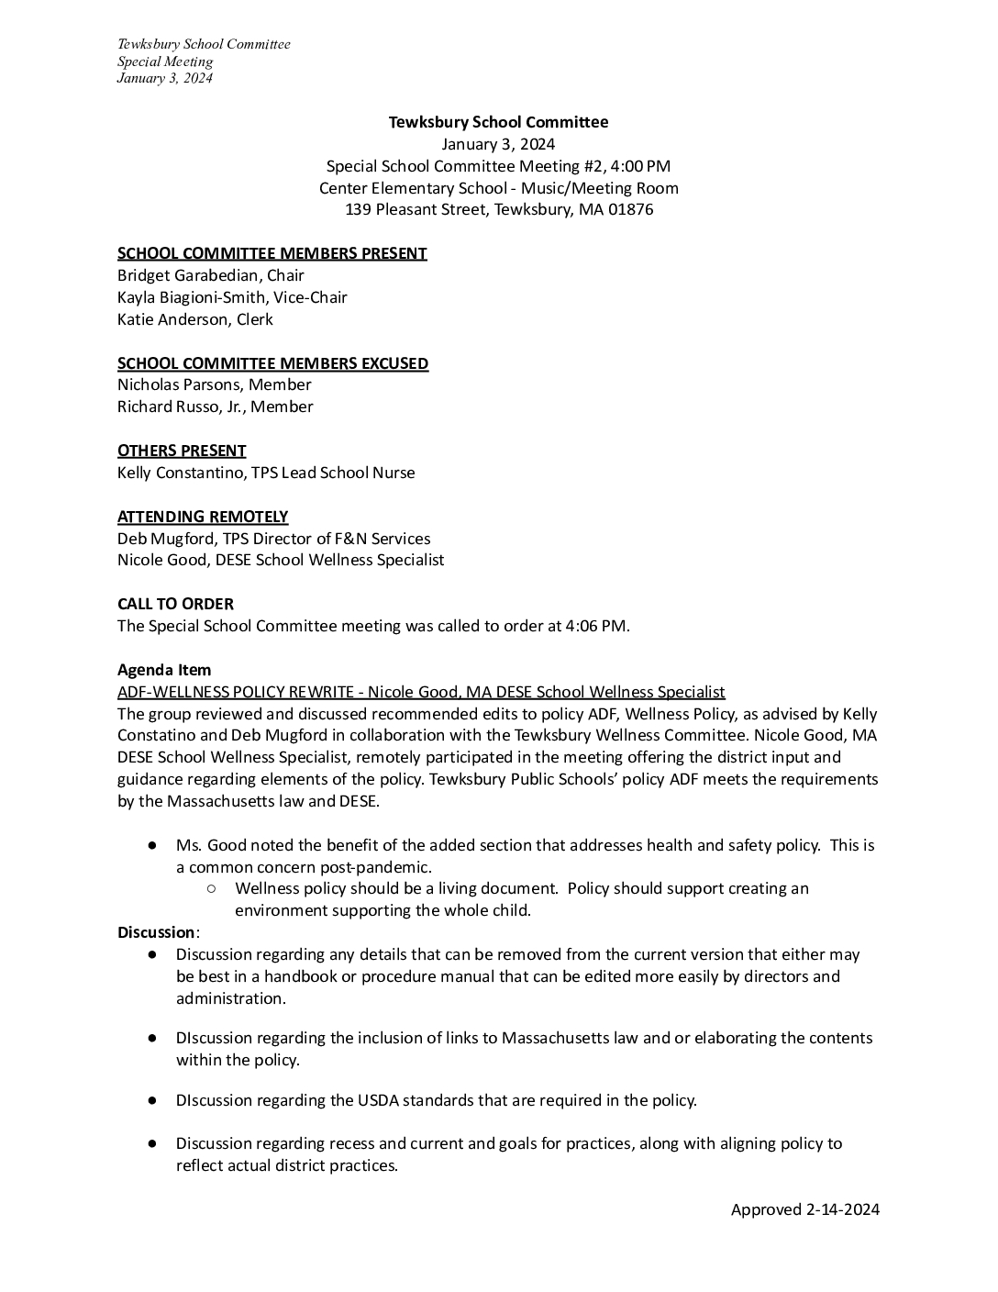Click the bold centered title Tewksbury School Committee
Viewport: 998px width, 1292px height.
[x=498, y=122]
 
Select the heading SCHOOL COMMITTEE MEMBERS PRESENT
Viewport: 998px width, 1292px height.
[x=272, y=253]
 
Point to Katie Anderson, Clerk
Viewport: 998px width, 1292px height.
[x=194, y=319]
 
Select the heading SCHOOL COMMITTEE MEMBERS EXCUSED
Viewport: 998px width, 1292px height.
[x=272, y=363]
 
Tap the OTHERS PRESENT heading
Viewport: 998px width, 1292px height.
[x=182, y=451]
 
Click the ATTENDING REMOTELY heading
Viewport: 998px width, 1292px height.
[x=203, y=517]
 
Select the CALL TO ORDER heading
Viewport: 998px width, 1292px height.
[x=175, y=604]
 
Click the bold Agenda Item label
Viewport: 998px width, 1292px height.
[x=164, y=670]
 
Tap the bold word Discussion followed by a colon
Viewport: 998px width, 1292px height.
[x=156, y=932]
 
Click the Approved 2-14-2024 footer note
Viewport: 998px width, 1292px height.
[x=804, y=1209]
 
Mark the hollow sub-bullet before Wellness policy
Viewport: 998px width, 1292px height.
[x=211, y=888]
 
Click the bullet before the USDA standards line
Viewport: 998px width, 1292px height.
[x=152, y=1100]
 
